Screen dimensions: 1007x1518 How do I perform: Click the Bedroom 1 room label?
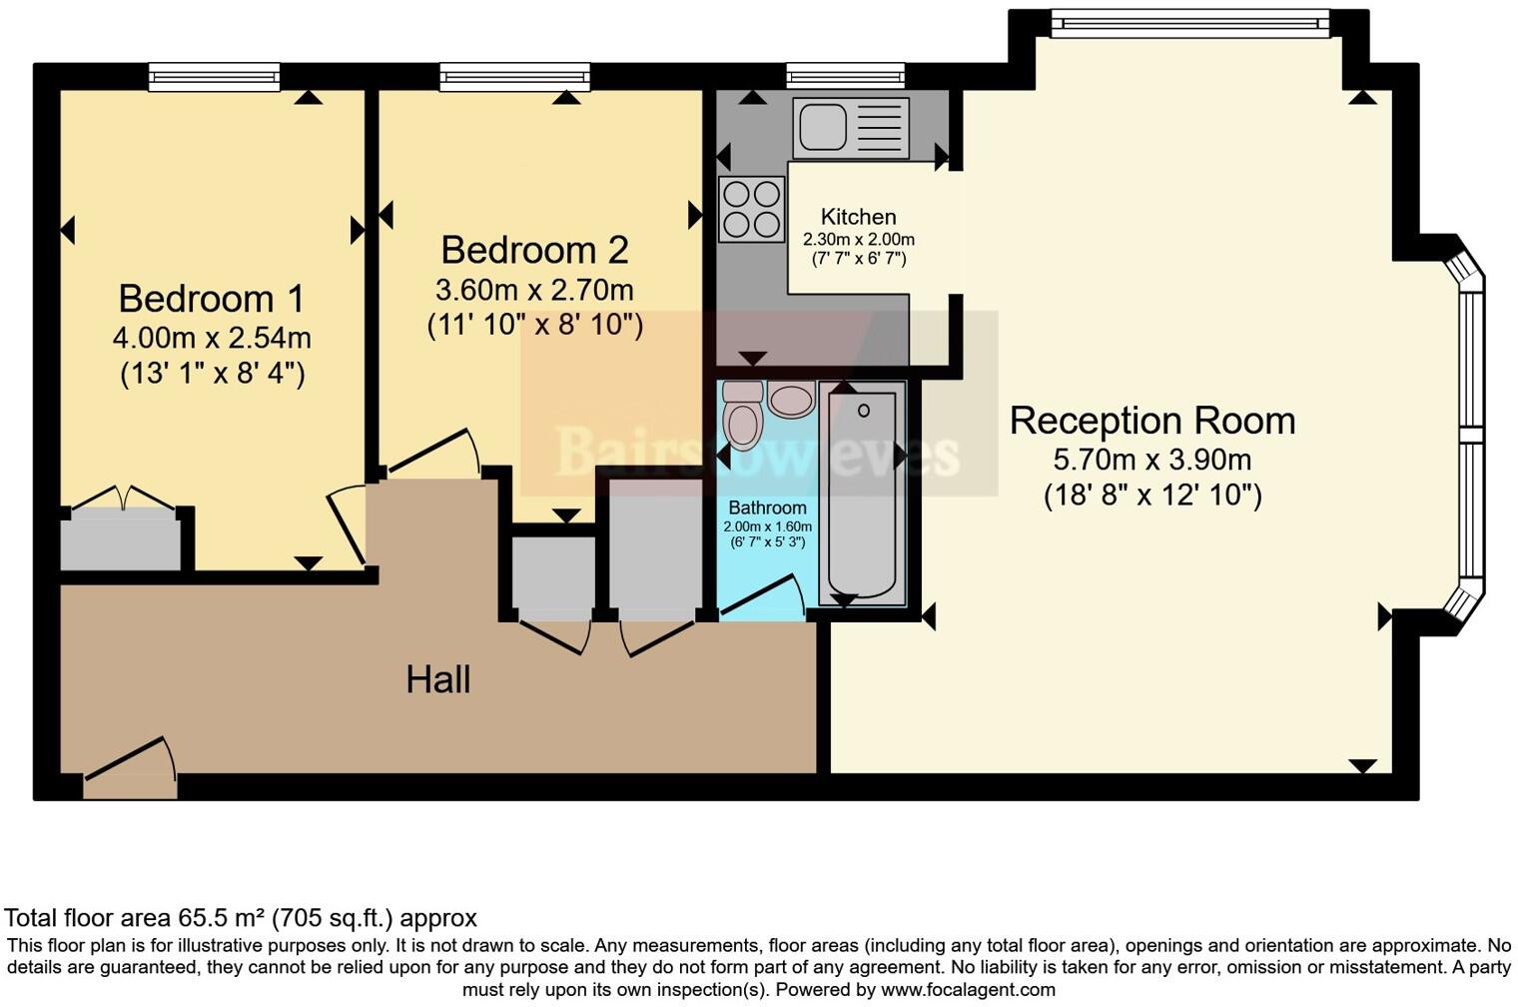tap(211, 299)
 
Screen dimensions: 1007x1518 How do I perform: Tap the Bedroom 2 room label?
tap(534, 250)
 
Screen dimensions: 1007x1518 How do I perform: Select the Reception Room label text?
tap(1151, 421)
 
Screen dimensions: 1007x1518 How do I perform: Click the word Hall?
tap(437, 680)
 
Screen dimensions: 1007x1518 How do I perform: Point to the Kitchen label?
tap(858, 217)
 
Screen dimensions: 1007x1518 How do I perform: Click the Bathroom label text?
tap(766, 507)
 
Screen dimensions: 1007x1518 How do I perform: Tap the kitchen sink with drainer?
tap(851, 128)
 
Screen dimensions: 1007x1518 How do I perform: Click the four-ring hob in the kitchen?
tap(752, 209)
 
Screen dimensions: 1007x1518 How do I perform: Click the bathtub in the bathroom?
tap(862, 493)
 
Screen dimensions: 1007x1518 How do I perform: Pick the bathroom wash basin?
tap(792, 400)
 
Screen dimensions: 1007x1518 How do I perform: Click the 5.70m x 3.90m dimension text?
tap(1151, 461)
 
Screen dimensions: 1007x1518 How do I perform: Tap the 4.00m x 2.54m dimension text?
tap(211, 338)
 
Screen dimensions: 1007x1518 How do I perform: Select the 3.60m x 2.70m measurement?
tap(534, 291)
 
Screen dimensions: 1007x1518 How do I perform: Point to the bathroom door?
tap(763, 597)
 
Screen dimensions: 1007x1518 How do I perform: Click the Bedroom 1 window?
tap(214, 77)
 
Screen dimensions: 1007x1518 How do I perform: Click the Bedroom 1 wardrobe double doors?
tap(124, 499)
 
